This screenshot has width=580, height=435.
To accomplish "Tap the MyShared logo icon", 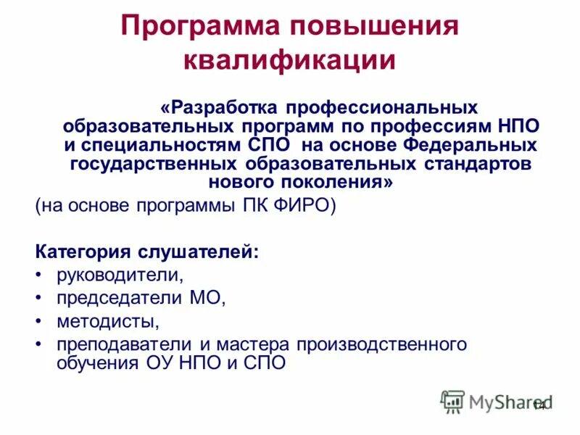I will click(x=452, y=401).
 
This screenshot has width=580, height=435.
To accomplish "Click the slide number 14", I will click(x=539, y=406).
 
